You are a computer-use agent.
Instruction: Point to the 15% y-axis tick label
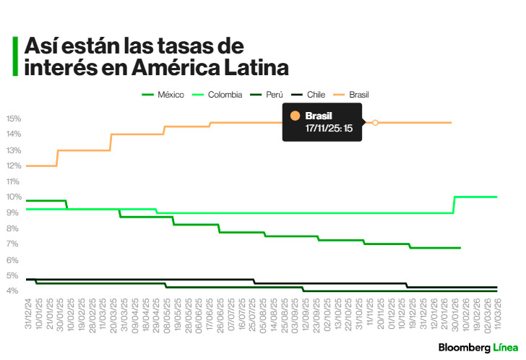[14, 119]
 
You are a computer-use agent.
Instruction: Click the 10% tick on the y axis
[14, 197]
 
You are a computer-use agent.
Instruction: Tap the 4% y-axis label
[14, 291]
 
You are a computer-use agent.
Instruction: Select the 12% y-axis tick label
[14, 166]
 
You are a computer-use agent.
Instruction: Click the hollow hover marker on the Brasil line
[375, 123]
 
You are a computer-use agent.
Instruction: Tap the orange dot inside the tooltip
[295, 116]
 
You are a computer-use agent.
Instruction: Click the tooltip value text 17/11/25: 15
[328, 128]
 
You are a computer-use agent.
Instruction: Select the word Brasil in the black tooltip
[319, 116]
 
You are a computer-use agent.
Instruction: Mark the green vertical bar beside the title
[15, 56]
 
